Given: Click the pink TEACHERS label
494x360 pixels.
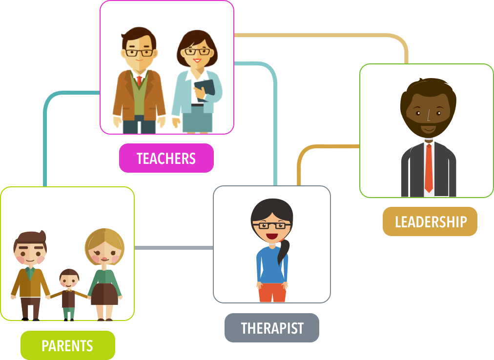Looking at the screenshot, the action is click(x=166, y=158).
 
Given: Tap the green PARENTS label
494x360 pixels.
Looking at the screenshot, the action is click(x=68, y=345).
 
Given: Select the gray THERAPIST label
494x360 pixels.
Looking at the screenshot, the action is click(x=272, y=328).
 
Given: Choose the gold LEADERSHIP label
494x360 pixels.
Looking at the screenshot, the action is click(x=430, y=221).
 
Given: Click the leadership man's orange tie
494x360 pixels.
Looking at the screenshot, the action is click(x=429, y=168).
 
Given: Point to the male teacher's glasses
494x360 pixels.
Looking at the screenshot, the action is click(x=139, y=53).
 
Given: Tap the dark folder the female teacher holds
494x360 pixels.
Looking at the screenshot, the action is click(x=205, y=90).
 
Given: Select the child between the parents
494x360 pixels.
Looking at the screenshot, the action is click(x=69, y=295).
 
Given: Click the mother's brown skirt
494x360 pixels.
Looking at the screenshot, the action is click(x=104, y=294).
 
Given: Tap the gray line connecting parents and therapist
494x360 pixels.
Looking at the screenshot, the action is click(x=174, y=248).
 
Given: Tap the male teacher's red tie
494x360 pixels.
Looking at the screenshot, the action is click(x=139, y=80).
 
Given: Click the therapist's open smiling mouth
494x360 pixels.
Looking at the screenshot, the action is click(x=271, y=236).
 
